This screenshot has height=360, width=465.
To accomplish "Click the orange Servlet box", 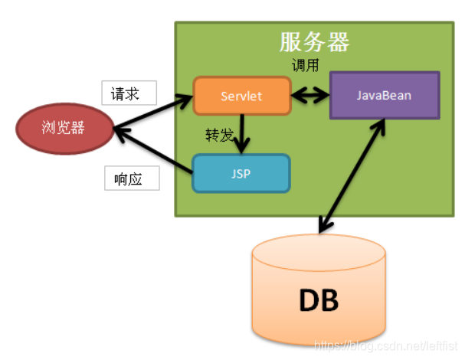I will (241, 96).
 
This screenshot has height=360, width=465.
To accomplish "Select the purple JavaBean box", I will (384, 96).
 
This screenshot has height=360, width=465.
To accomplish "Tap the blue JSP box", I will (241, 173).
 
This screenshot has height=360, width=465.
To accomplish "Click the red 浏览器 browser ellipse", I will (64, 128).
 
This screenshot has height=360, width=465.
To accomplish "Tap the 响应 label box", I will (132, 178).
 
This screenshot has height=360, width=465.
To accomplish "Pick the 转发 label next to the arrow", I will (219, 135).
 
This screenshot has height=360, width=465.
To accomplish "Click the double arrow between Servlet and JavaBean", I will (309, 97).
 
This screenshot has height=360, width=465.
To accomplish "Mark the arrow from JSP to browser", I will (153, 150).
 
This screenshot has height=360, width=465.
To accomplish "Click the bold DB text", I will (318, 300).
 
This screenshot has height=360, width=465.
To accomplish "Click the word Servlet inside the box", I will (241, 97).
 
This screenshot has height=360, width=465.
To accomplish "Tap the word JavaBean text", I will (384, 96).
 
